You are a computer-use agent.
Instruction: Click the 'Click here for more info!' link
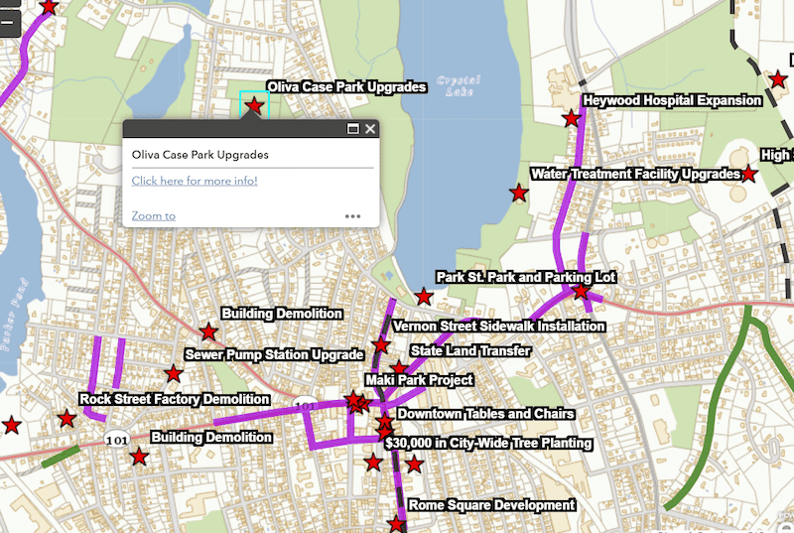coord(195,181)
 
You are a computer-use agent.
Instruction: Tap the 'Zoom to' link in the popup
coord(153,215)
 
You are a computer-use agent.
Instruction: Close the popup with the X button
coord(370,129)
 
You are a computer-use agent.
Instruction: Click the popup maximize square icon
coord(352,129)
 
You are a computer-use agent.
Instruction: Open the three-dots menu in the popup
coord(352,215)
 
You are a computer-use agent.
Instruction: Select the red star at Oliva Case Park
coord(254,104)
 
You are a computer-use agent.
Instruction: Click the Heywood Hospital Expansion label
coord(672,100)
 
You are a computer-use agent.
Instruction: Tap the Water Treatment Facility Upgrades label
coord(635,174)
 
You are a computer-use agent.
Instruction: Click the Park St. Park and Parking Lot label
coord(526,277)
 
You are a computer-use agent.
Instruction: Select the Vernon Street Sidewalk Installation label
coord(498,326)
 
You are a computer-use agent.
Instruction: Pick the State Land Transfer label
coord(470,350)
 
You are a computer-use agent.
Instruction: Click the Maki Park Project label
coord(419,380)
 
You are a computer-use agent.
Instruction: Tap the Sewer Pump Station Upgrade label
coord(275,354)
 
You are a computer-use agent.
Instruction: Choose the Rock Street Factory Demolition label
coord(175,399)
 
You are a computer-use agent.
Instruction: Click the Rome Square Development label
coord(491,505)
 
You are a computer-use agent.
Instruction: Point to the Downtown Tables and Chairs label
coord(485,414)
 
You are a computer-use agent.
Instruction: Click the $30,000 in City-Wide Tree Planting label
coord(487,443)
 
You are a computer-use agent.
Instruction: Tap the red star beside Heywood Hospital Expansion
coord(572,119)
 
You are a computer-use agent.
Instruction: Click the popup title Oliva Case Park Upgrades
coord(200,155)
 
